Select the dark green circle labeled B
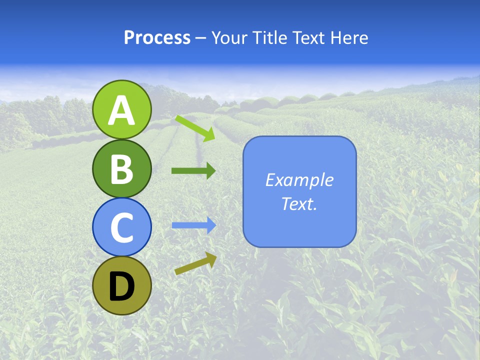[x=122, y=168]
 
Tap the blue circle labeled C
[x=122, y=227]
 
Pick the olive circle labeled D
[x=122, y=285]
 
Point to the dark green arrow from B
[x=193, y=170]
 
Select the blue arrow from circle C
[x=193, y=225]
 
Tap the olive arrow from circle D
[x=195, y=264]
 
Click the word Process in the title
[x=157, y=38]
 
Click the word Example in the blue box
[x=299, y=180]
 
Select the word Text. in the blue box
[x=299, y=203]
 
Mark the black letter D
[x=122, y=286]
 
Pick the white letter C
[x=122, y=228]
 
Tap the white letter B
[x=122, y=169]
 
